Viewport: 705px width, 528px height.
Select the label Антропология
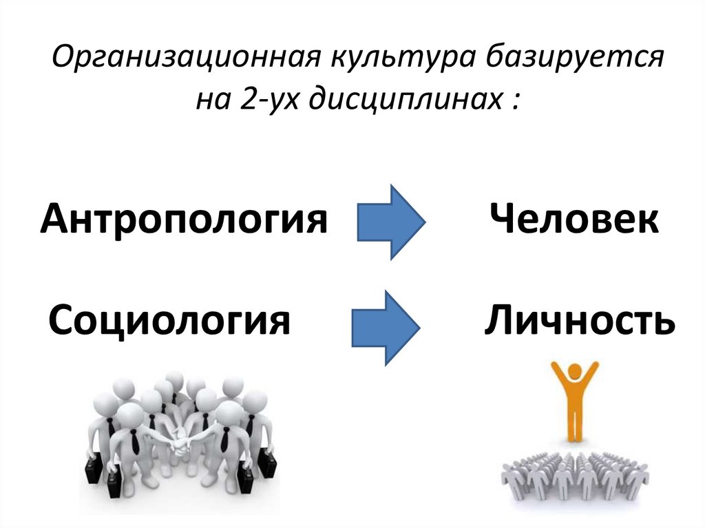[183, 220]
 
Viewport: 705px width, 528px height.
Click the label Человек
[574, 220]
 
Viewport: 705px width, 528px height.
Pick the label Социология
[169, 320]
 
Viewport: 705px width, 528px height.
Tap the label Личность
[578, 320]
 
